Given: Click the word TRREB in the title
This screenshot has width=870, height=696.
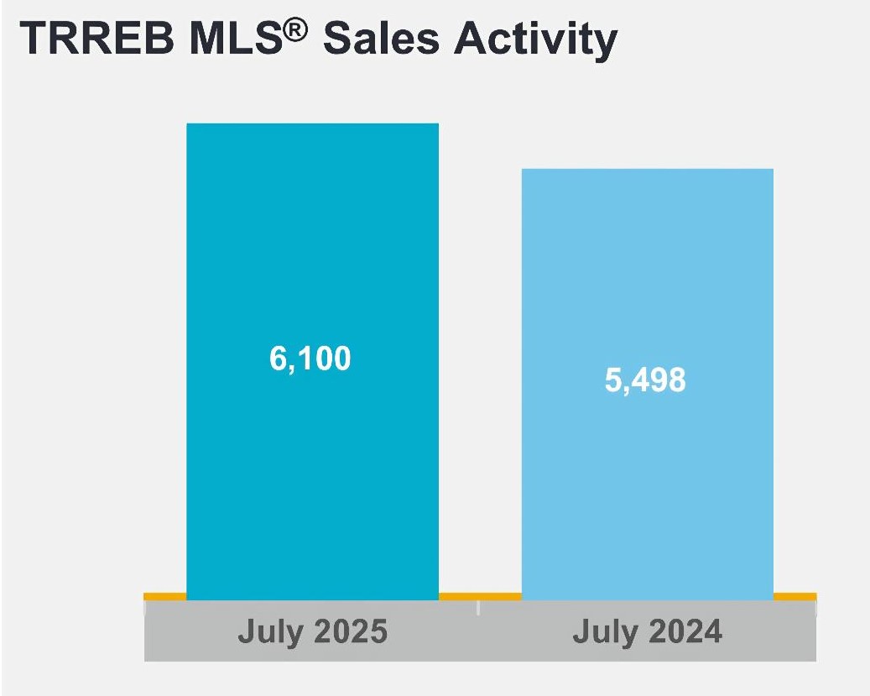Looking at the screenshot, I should pyautogui.click(x=96, y=40).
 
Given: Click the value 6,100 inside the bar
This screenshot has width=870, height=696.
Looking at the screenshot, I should pyautogui.click(x=310, y=359).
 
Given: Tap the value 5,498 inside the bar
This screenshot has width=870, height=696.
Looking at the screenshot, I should pyautogui.click(x=645, y=381).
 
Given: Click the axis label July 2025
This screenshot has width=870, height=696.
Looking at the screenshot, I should pyautogui.click(x=312, y=631).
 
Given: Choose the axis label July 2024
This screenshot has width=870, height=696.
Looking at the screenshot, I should pyautogui.click(x=647, y=631).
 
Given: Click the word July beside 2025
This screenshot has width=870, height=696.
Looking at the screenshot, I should pyautogui.click(x=268, y=631).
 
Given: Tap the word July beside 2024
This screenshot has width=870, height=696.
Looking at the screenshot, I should pyautogui.click(x=603, y=631).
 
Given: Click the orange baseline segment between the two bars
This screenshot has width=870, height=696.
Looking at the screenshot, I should pyautogui.click(x=480, y=596).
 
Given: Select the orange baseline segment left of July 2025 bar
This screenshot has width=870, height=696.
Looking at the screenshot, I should pyautogui.click(x=164, y=596).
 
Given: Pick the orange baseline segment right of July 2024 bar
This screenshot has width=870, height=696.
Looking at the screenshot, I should pyautogui.click(x=794, y=596).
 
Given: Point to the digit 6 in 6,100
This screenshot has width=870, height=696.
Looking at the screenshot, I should pyautogui.click(x=279, y=359).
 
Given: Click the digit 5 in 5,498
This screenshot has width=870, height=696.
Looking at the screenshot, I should pyautogui.click(x=613, y=381).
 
